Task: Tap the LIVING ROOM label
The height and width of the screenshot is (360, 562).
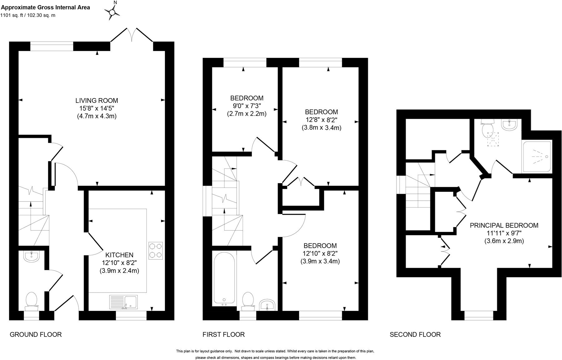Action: click(x=97, y=101)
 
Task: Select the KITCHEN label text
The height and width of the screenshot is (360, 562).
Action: click(x=119, y=255)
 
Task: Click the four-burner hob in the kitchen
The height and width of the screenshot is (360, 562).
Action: click(x=156, y=251)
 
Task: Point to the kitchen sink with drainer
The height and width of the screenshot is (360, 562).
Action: click(x=123, y=302)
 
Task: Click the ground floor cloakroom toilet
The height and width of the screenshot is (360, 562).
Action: click(x=31, y=301)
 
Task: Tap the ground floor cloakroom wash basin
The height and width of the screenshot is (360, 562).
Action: click(x=31, y=257)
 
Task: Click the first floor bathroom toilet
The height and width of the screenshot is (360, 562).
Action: click(x=248, y=301)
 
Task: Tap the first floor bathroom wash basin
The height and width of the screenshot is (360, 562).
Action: click(x=267, y=305)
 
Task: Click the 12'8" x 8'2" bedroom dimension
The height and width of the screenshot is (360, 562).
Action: click(x=321, y=120)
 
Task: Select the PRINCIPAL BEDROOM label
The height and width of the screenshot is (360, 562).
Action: click(x=504, y=225)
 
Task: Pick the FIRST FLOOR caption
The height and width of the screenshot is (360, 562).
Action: click(x=224, y=335)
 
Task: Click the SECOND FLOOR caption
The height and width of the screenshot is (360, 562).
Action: click(x=415, y=335)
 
